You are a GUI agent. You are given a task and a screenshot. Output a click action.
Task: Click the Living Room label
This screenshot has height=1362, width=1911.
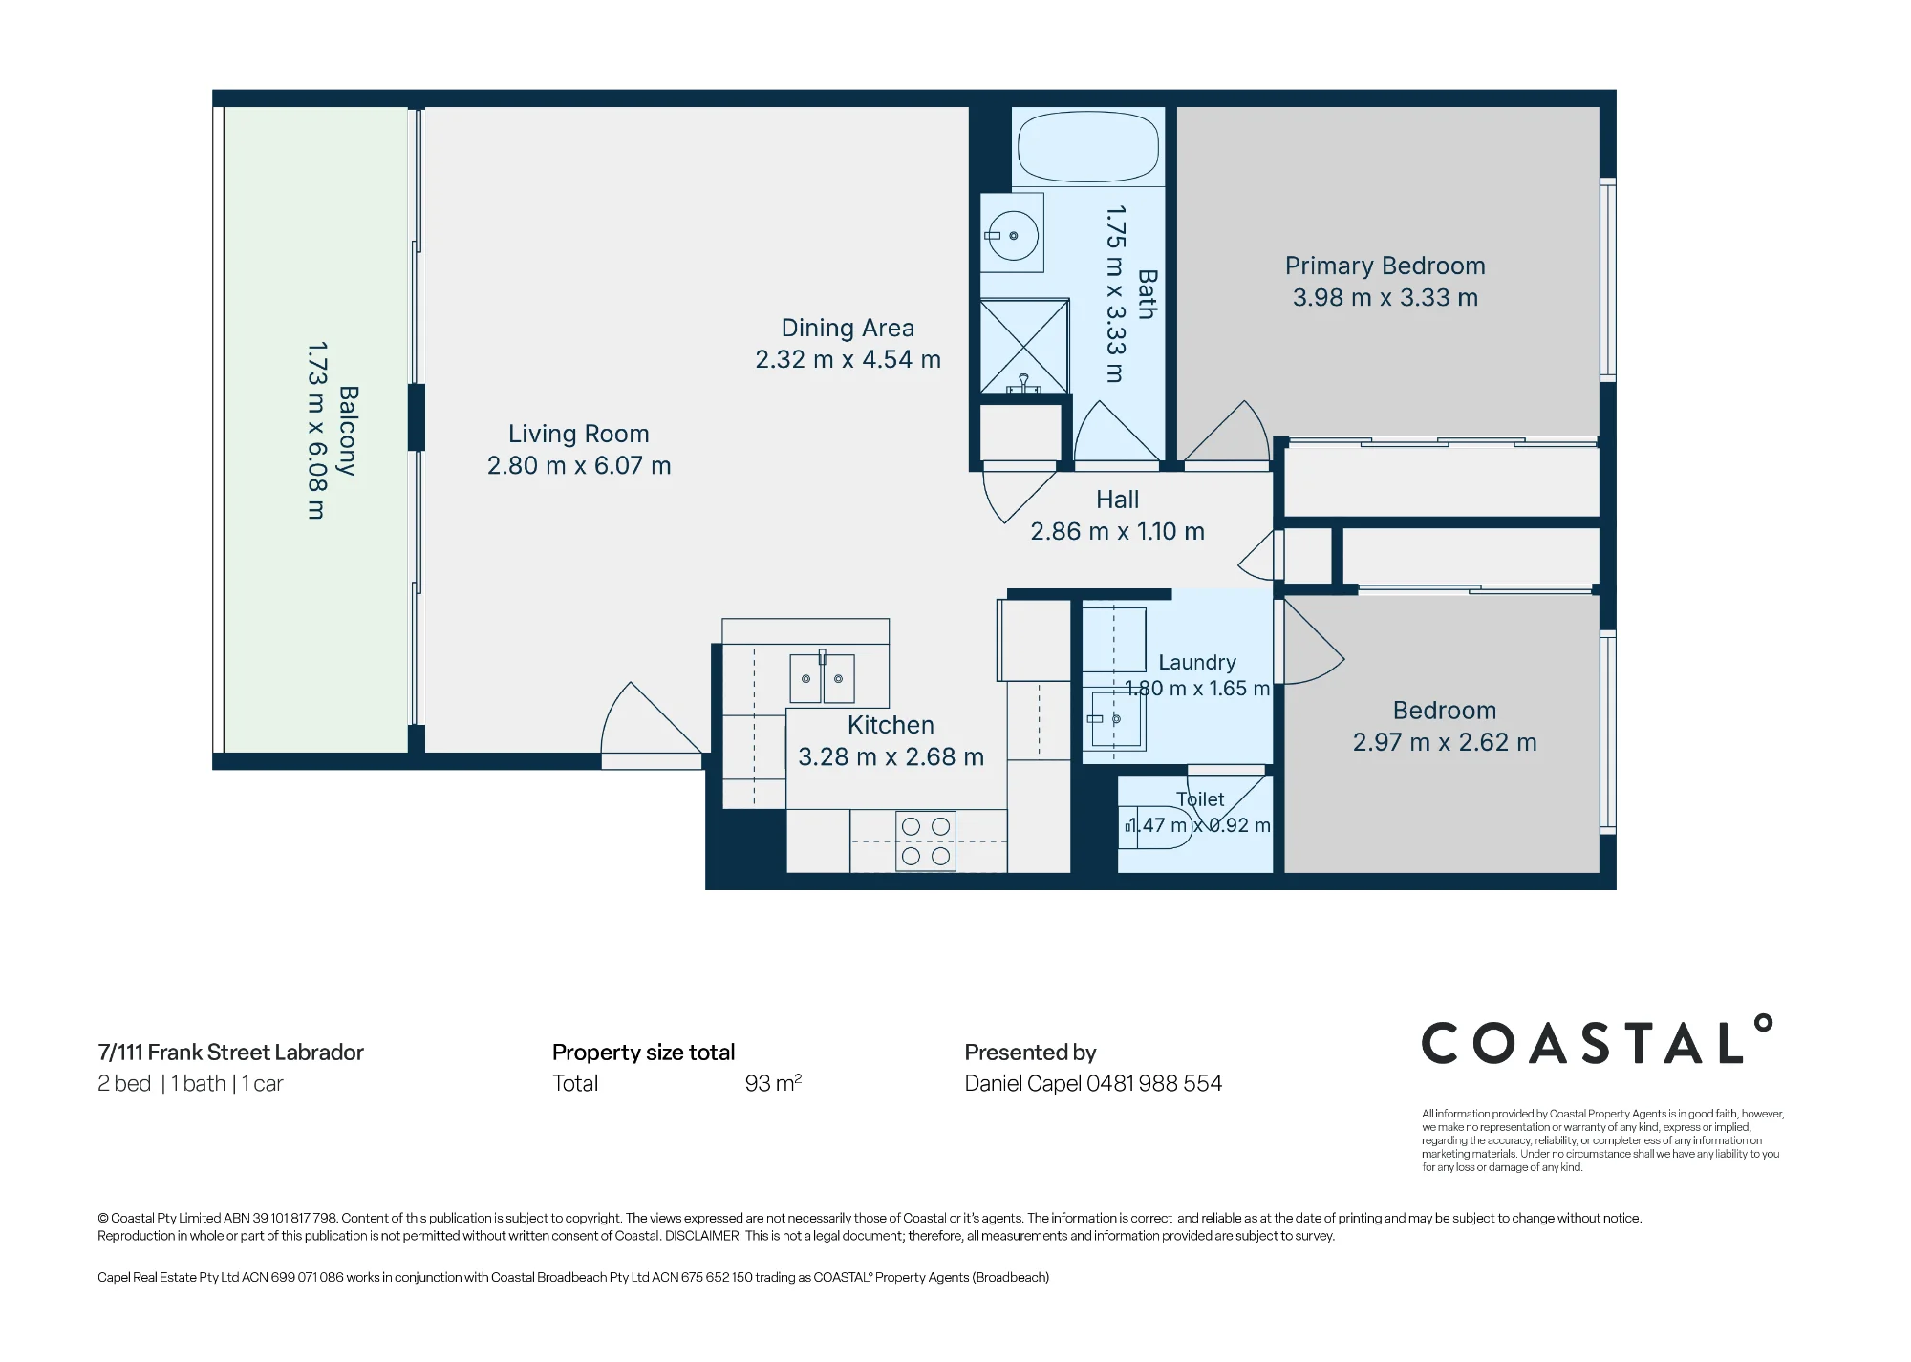[579, 434]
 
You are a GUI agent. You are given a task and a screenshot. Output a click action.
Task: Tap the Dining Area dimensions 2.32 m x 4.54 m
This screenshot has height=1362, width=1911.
[848, 360]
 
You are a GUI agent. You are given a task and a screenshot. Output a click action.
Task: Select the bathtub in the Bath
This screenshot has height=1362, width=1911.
[1088, 148]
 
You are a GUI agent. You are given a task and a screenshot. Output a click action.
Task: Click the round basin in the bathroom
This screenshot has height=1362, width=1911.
[1013, 235]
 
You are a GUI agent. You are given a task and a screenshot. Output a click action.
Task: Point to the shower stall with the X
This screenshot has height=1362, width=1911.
[1024, 346]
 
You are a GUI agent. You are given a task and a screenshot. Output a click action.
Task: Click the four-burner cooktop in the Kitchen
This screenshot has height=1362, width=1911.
[926, 841]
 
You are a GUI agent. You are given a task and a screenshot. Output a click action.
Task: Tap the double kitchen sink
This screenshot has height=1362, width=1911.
[822, 678]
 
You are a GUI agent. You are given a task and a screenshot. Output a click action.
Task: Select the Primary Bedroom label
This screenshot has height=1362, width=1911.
[1385, 266]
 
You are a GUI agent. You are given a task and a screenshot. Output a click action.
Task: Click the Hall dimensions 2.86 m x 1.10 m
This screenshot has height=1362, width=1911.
[1117, 532]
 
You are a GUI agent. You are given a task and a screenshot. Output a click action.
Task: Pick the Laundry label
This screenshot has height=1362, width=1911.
[1197, 662]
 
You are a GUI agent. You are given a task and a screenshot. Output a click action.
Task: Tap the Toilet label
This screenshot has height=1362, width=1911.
[1200, 799]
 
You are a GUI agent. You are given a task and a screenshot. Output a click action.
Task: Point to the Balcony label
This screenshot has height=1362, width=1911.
[348, 431]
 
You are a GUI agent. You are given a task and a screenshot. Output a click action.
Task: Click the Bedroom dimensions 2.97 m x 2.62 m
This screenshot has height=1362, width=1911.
[1445, 743]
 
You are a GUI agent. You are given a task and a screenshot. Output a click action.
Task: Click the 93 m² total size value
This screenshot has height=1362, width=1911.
[773, 1083]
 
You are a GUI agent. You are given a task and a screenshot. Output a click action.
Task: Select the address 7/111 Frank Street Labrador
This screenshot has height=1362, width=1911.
[230, 1053]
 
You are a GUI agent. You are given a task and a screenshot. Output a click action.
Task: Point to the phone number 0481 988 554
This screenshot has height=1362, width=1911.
[1154, 1083]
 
